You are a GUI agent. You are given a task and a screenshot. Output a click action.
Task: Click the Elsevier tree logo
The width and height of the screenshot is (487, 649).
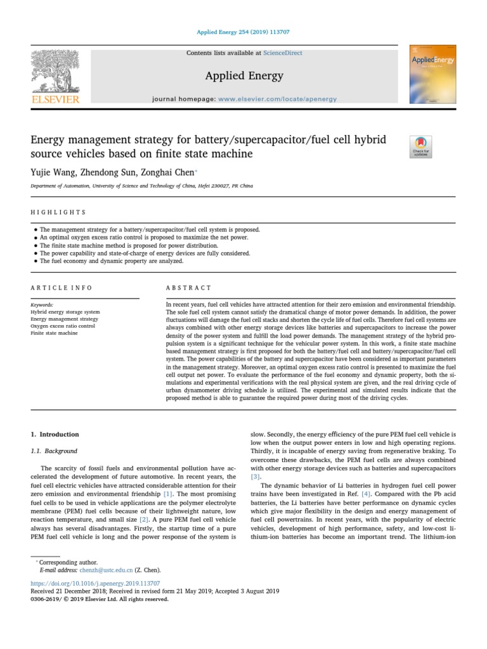tap(55, 71)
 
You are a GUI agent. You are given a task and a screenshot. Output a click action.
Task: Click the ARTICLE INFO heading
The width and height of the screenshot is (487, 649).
tap(62, 288)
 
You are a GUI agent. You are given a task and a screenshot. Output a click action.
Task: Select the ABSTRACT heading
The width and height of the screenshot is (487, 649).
tap(188, 288)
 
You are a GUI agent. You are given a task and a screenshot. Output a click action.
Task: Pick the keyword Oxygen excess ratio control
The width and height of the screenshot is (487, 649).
tap(63, 326)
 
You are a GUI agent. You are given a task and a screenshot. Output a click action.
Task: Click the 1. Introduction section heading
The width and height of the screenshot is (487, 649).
tap(55, 435)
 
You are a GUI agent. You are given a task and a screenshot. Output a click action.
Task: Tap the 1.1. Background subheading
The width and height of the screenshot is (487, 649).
tap(54, 451)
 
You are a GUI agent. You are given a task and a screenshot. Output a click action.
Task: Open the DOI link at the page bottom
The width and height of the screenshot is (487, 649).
tap(95, 582)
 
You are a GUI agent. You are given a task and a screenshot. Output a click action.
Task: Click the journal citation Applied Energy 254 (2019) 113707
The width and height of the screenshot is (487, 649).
tap(243, 31)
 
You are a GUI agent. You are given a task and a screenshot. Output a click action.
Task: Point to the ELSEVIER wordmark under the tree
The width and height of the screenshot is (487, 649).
tap(55, 99)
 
